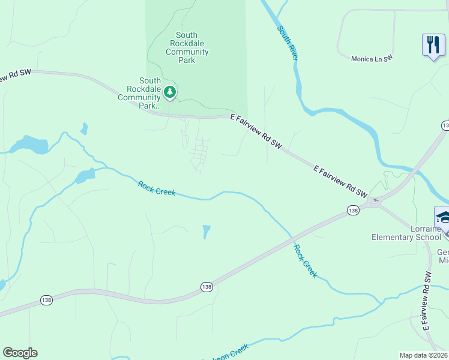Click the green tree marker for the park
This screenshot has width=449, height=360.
170,92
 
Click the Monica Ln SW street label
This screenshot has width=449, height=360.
372,58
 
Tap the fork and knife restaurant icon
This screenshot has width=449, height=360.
433,44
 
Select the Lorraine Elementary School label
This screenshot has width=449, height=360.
406,233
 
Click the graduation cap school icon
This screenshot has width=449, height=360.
443,217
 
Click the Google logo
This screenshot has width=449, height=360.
20,353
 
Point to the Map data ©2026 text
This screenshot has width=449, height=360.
424,355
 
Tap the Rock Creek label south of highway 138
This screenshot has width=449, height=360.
304,260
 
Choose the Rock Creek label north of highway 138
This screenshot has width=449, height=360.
157,188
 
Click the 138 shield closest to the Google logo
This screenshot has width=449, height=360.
47,299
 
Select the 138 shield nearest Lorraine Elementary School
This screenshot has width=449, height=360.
353,210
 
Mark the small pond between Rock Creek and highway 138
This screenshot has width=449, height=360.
206,232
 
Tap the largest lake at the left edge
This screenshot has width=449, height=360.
31,144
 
